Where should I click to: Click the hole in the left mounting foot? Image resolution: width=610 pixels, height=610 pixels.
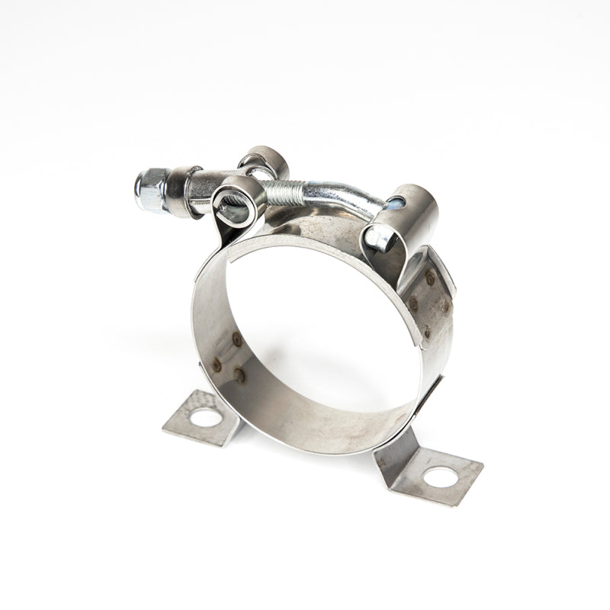tap(206, 417)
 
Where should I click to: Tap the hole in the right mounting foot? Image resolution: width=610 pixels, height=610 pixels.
tap(440, 477)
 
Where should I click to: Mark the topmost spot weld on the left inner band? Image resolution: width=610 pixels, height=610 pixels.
tap(237, 339)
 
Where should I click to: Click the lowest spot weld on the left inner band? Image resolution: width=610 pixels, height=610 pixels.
tap(239, 374)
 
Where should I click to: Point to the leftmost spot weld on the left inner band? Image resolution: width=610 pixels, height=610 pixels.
tap(217, 364)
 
